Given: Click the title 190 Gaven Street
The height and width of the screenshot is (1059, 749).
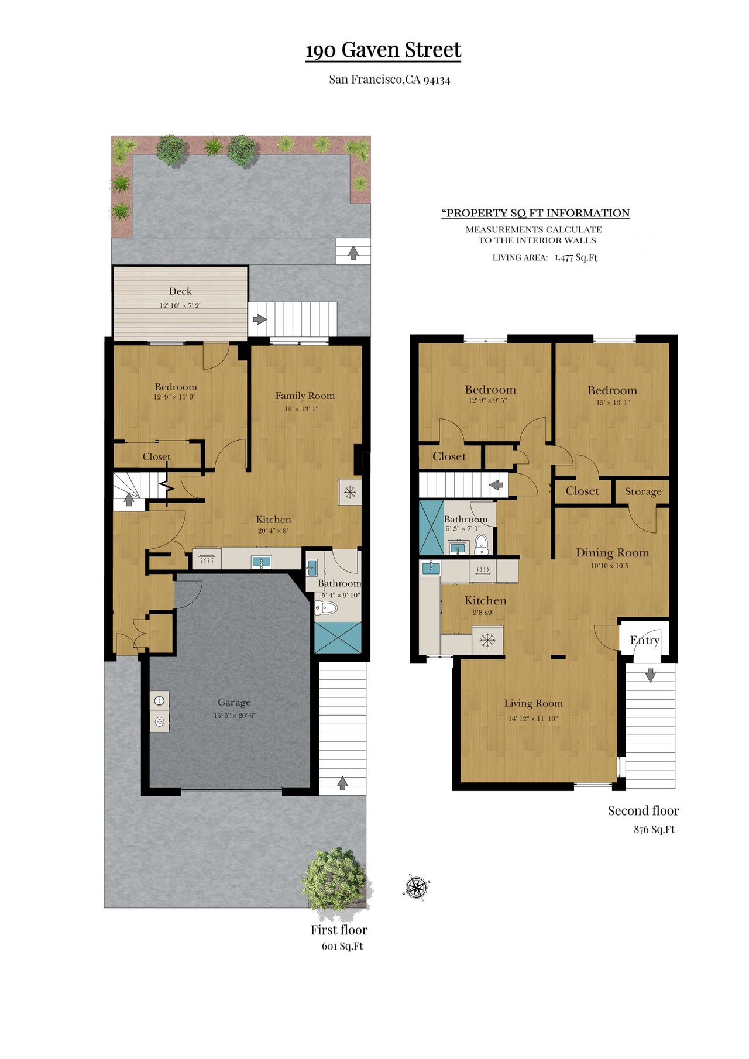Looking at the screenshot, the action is pyautogui.click(x=383, y=50).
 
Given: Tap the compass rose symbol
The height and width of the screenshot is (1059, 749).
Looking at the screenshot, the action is pyautogui.click(x=416, y=887).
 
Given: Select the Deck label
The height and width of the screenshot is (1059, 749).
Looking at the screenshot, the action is pyautogui.click(x=180, y=291).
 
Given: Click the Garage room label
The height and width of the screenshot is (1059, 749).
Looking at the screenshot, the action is pyautogui.click(x=234, y=702).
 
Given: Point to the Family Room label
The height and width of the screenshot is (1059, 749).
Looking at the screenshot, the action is pyautogui.click(x=305, y=396).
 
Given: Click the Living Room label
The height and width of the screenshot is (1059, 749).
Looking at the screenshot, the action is pyautogui.click(x=534, y=703).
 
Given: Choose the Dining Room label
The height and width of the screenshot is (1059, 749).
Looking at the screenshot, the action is pyautogui.click(x=613, y=553).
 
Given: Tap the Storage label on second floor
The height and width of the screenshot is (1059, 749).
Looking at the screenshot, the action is pyautogui.click(x=643, y=491).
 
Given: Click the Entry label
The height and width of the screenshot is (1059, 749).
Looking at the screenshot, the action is pyautogui.click(x=645, y=640).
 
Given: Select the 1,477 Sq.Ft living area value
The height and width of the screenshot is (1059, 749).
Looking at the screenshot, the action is pyautogui.click(x=576, y=257).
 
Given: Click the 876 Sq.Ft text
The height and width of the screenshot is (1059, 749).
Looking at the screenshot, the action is pyautogui.click(x=654, y=830).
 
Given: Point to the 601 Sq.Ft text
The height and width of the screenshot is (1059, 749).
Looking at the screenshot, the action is pyautogui.click(x=342, y=946).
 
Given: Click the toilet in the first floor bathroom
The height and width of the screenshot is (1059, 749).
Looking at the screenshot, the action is pyautogui.click(x=327, y=608).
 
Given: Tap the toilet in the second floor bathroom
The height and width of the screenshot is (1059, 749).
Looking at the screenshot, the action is pyautogui.click(x=481, y=544).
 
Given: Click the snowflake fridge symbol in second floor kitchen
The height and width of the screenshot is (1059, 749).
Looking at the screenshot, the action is pyautogui.click(x=487, y=640).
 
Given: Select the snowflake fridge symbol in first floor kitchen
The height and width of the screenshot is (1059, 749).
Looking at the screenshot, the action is pyautogui.click(x=350, y=492).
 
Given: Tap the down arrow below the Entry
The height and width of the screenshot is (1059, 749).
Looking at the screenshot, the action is pyautogui.click(x=650, y=675).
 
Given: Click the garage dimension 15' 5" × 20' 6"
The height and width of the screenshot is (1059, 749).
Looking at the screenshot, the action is pyautogui.click(x=235, y=716).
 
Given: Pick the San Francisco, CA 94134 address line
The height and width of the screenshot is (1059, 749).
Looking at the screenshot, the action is pyautogui.click(x=389, y=80).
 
